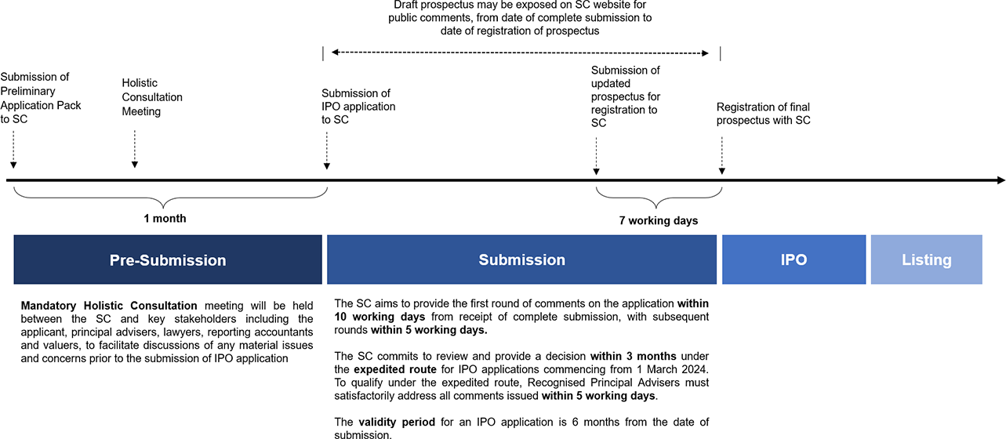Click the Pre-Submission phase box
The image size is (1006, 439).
168,259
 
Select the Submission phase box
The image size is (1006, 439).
521,259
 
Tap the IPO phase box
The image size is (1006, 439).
794,259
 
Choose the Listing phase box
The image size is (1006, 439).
926,259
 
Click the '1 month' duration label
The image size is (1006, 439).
165,219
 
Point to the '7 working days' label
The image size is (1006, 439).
658,220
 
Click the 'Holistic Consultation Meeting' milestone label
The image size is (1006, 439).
152,97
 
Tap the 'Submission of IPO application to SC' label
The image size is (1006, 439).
358,107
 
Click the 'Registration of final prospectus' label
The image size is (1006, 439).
763,114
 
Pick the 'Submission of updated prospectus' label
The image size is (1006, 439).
626,96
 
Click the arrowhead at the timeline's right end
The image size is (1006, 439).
1000,180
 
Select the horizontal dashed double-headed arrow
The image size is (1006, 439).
520,53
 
